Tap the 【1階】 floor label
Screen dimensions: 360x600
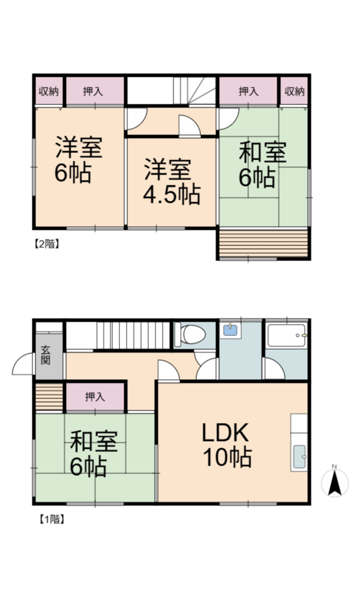pyautogui.click(x=51, y=519)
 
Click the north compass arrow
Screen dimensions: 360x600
pyautogui.click(x=335, y=483)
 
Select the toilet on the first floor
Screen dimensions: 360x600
pyautogui.click(x=190, y=334)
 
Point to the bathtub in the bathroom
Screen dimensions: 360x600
pyautogui.click(x=287, y=335)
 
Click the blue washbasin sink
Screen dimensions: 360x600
pyautogui.click(x=230, y=330)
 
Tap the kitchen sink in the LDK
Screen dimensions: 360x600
pyautogui.click(x=299, y=457)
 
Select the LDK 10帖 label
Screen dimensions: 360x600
pyautogui.click(x=227, y=445)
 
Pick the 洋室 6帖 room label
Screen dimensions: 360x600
pyautogui.click(x=78, y=159)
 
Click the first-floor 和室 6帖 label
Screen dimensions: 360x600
pyautogui.click(x=94, y=453)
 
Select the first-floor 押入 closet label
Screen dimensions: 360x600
pyautogui.click(x=94, y=397)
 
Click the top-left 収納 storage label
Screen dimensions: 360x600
pyautogui.click(x=49, y=91)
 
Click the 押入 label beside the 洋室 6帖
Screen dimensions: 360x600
pyautogui.click(x=93, y=91)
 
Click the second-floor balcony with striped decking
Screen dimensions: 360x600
pyautogui.click(x=263, y=243)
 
